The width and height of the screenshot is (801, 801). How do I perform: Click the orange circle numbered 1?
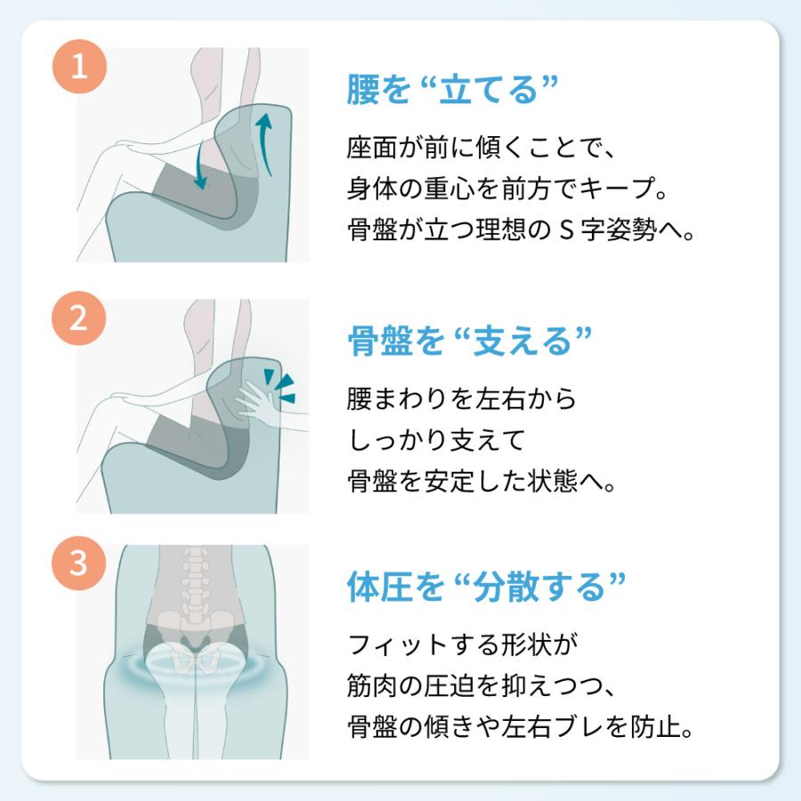point(79,69)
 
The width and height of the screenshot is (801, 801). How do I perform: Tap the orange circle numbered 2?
point(79,319)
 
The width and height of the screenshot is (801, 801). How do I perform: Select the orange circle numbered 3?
point(79,564)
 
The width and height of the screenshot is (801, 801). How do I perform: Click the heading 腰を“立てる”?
point(451,90)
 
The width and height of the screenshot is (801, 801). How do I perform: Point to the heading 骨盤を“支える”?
point(469,340)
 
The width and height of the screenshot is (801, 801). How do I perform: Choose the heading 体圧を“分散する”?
point(486,587)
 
